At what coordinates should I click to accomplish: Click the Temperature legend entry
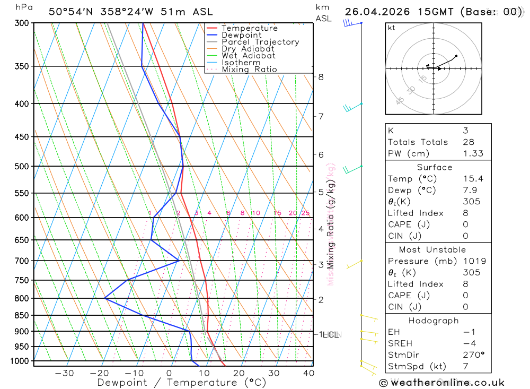tap(249, 28)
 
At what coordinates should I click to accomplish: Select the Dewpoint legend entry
tap(241, 35)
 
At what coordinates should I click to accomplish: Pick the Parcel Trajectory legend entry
tap(260, 42)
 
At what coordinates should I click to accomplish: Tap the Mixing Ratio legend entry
tap(249, 70)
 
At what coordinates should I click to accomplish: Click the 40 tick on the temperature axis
tap(308, 373)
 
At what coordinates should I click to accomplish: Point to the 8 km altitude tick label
tap(321, 77)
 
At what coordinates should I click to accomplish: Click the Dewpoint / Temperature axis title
tap(182, 382)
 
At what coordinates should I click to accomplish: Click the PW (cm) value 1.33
tap(469, 153)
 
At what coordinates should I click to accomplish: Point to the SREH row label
tap(399, 343)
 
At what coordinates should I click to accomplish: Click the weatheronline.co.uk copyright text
tap(441, 383)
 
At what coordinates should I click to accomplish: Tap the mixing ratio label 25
tap(305, 213)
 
